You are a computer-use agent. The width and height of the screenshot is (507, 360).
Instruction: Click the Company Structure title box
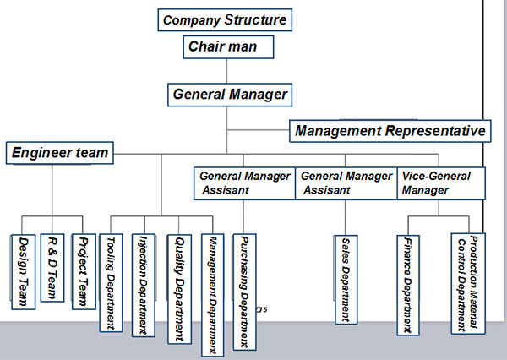click(x=225, y=19)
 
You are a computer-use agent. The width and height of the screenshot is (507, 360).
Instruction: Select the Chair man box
click(x=231, y=46)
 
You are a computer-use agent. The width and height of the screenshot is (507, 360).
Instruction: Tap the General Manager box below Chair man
click(x=231, y=94)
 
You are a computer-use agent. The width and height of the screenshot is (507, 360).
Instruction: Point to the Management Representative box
click(x=390, y=131)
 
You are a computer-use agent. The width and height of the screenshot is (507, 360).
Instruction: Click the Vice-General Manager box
click(x=440, y=183)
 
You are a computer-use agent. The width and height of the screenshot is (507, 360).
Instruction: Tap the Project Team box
click(x=83, y=270)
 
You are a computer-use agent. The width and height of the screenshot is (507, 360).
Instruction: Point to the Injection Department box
click(x=144, y=284)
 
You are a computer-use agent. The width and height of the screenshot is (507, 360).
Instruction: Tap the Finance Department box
click(x=408, y=284)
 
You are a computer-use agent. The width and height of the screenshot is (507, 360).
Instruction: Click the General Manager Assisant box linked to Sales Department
click(x=346, y=183)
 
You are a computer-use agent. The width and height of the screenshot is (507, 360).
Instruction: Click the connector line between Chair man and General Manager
click(x=226, y=71)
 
